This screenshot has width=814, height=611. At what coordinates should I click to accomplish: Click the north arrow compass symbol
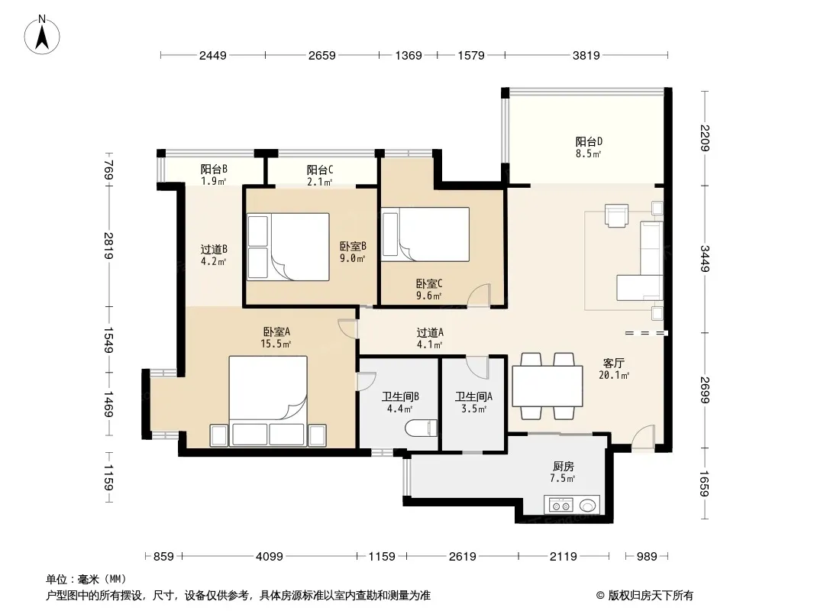click(42, 35)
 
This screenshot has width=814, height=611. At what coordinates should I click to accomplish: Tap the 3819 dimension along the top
click(586, 56)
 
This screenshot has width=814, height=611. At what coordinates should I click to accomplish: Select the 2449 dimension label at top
click(213, 56)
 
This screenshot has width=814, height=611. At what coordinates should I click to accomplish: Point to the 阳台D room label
click(589, 141)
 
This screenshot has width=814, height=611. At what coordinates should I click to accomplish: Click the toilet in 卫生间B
click(421, 428)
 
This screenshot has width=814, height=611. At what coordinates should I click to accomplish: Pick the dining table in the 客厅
click(548, 386)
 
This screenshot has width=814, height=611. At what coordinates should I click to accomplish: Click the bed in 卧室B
click(288, 247)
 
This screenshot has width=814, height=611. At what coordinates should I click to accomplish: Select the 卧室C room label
click(429, 284)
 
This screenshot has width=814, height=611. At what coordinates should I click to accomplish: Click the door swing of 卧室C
click(479, 296)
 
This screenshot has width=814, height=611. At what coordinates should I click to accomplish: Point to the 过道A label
click(430, 332)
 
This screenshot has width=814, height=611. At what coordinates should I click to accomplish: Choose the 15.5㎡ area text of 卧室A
click(276, 344)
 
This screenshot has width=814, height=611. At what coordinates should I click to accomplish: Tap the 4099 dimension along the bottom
click(270, 557)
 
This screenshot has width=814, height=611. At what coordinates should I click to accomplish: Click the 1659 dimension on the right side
click(705, 483)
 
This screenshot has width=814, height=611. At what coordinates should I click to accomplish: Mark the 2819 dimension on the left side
click(108, 246)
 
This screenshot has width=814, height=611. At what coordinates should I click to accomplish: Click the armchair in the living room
click(616, 215)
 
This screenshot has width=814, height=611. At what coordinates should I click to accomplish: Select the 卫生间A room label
click(473, 396)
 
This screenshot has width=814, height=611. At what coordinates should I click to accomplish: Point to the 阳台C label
click(320, 170)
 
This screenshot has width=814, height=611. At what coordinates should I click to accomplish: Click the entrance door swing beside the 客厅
click(643, 437)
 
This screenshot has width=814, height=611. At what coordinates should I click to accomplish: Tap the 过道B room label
click(214, 249)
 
